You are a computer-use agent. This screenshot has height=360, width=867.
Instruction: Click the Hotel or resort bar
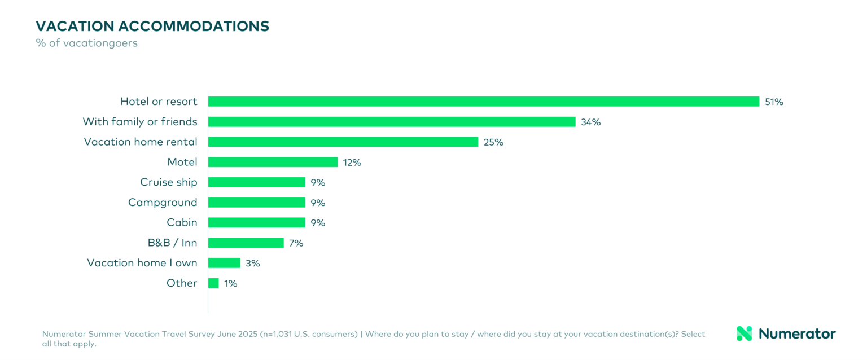483,102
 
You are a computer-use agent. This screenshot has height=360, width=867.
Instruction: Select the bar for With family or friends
392,122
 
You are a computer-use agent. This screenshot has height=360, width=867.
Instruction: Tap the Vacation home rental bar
343,142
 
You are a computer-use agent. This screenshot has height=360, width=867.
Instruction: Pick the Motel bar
273,163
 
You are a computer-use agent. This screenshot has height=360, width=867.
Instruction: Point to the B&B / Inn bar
246,243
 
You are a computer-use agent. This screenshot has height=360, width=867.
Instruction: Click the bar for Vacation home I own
224,263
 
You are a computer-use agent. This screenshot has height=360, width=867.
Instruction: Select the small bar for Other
213,283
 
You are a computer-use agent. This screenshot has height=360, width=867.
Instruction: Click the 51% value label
774,102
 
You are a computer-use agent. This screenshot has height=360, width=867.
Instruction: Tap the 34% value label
590,122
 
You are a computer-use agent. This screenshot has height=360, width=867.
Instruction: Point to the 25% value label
493,142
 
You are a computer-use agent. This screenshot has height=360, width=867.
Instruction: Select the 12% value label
352,163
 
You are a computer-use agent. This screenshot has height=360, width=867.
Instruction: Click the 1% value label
230,284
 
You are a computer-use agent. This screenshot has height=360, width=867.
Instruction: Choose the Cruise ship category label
169,182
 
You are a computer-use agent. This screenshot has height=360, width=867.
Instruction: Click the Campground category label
163,203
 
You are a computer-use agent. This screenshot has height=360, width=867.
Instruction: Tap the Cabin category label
182,222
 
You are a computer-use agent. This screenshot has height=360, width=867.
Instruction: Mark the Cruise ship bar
257,182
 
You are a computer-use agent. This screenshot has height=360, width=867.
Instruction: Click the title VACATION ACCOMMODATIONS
152,26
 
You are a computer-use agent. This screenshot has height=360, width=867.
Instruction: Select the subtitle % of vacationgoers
86,43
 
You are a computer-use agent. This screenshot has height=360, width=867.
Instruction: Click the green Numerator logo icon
745,333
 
